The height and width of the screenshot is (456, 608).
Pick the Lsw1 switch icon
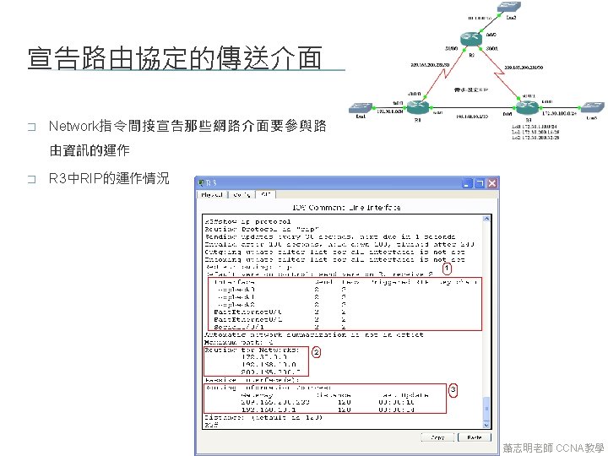coord(361,107)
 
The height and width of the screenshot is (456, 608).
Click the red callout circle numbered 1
coord(448,269)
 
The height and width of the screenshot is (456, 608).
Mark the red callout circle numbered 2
coord(316,351)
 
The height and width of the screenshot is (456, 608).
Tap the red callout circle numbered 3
coord(453,388)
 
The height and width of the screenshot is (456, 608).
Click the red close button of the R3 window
coord(491,182)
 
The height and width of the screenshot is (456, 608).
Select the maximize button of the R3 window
coord(479,182)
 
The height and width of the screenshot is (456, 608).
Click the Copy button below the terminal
coord(437,437)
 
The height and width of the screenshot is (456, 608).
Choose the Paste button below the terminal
coord(475,437)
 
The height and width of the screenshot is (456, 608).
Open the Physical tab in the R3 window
coord(211,195)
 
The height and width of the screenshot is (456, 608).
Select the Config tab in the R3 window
coord(241,195)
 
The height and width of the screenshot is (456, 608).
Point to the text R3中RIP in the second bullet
coord(75,178)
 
